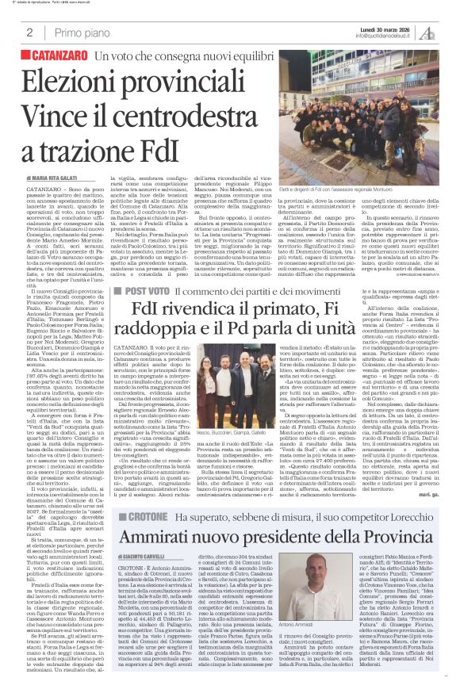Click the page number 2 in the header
pos(29,32)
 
